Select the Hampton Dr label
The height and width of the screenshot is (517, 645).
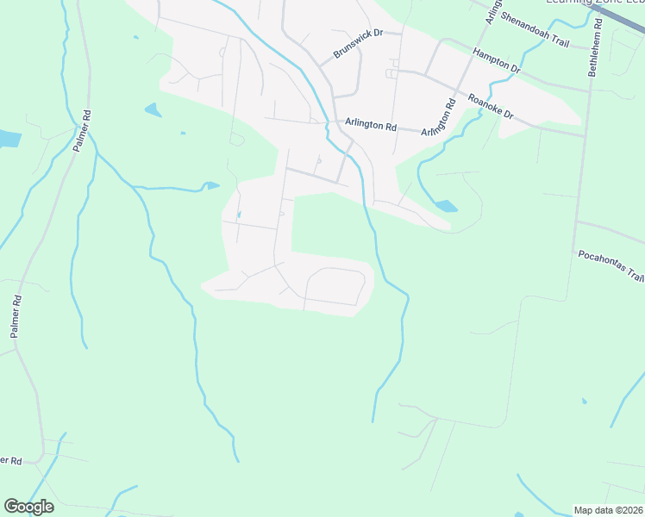pyautogui.click(x=497, y=60)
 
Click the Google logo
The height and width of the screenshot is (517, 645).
pyautogui.click(x=28, y=507)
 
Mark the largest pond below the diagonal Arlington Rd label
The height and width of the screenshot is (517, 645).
pyautogui.click(x=446, y=206)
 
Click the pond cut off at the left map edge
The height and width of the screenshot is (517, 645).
pyautogui.click(x=8, y=138)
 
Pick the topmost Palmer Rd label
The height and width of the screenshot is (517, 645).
pyautogui.click(x=82, y=131)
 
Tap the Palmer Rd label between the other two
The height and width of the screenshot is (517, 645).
pyautogui.click(x=16, y=316)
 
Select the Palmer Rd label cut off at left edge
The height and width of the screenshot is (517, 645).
pyautogui.click(x=9, y=461)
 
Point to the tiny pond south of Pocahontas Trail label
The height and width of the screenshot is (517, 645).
pyautogui.click(x=585, y=401)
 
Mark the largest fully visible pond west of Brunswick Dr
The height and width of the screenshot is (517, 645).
pyautogui.click(x=153, y=110)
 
